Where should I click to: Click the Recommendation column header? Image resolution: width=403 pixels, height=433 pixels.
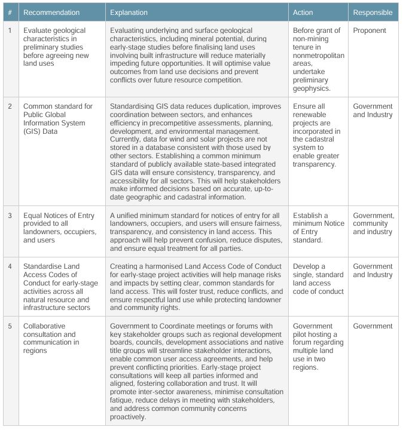click(x=51, y=12)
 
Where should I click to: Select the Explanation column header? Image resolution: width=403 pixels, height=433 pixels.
click(x=129, y=12)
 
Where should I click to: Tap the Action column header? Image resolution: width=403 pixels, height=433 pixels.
click(x=303, y=12)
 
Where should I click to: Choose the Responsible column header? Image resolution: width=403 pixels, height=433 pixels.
click(x=373, y=12)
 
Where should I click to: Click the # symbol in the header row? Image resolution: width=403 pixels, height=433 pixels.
click(x=9, y=12)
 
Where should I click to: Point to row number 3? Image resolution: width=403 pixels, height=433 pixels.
click(x=9, y=216)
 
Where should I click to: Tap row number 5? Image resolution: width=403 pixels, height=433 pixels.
click(x=9, y=326)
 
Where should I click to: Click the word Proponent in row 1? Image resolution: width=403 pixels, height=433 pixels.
click(x=370, y=30)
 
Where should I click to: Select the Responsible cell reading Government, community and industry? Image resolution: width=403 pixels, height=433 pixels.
click(x=373, y=223)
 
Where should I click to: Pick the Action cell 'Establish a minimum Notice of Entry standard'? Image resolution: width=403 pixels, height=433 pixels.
click(x=319, y=228)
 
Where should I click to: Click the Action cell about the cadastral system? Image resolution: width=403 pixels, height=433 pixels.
click(x=317, y=135)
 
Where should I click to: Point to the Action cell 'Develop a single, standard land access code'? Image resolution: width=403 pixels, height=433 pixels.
click(x=318, y=278)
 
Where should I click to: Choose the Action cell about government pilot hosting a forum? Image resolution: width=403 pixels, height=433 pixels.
click(x=318, y=346)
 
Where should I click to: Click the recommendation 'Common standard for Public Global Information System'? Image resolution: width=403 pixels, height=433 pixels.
click(x=58, y=119)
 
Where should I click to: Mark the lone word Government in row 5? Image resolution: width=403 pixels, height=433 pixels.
click(x=373, y=326)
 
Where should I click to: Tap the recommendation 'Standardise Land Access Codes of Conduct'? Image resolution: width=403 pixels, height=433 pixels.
click(x=57, y=287)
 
